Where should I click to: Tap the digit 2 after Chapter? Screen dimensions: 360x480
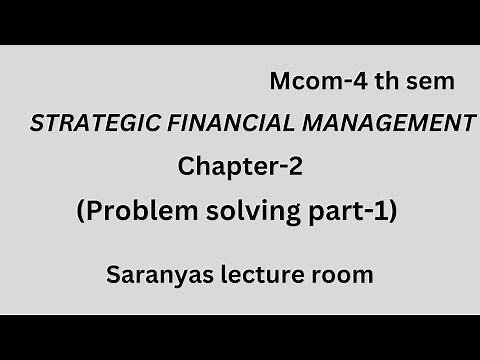pos(295,167)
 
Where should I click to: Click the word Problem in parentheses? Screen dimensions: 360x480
pos(131,212)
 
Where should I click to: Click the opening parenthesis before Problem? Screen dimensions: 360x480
pos(80,212)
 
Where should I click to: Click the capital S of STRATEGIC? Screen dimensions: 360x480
pos(38,125)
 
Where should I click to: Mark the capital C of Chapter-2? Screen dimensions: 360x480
pos(186,167)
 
